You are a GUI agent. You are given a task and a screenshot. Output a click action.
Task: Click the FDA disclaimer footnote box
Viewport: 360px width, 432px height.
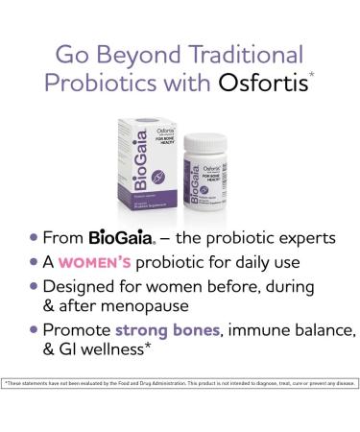tap(180, 382)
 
